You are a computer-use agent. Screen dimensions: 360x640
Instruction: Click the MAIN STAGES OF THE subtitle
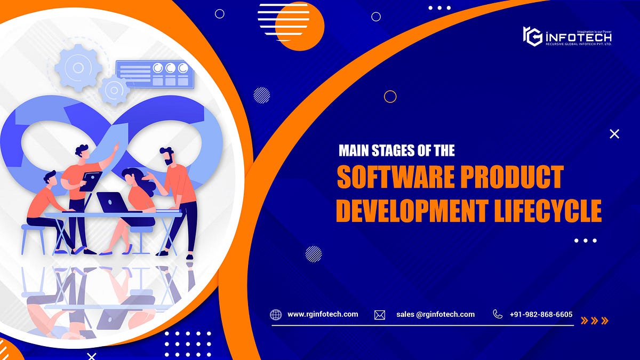(x=397, y=151)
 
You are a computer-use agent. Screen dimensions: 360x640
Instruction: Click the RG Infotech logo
(x=567, y=37)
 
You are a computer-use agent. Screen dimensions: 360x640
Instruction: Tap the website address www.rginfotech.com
(x=323, y=314)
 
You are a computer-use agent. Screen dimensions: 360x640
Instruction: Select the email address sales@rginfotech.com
(x=435, y=314)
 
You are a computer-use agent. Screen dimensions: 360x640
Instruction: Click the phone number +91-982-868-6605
(x=541, y=314)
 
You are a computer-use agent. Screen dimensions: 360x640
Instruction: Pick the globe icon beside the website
(x=276, y=315)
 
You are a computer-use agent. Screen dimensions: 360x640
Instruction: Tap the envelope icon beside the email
(x=380, y=315)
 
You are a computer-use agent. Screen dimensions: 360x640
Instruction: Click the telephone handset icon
(x=498, y=314)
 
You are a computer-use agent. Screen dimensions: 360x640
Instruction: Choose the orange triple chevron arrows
(x=594, y=321)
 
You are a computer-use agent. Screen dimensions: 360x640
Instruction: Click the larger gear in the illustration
(x=78, y=67)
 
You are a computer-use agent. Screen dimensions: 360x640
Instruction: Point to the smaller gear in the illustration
(x=114, y=90)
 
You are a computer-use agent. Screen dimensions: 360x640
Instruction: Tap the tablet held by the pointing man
(x=91, y=180)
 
